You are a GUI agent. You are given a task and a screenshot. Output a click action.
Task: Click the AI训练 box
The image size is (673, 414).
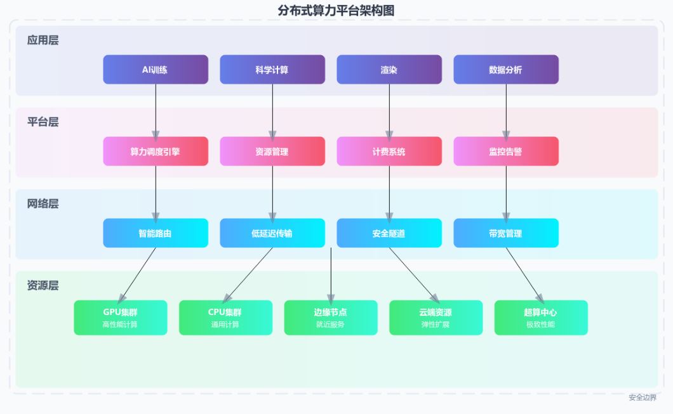click(156, 70)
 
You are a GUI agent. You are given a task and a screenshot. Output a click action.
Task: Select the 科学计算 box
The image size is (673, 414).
click(272, 70)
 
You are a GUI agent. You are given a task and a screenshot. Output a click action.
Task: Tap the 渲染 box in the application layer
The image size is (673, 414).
click(389, 70)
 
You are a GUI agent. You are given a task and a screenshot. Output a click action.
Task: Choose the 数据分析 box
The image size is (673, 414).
click(506, 70)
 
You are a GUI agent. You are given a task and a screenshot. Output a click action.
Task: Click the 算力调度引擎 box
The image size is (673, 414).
click(156, 152)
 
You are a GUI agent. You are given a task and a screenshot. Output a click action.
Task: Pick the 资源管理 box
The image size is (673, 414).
click(272, 152)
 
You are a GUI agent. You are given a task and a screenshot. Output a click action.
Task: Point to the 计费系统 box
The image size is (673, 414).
click(389, 152)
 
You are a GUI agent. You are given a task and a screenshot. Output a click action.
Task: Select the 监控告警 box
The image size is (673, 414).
click(506, 152)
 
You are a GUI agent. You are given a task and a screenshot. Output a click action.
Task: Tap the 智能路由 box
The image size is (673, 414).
click(156, 233)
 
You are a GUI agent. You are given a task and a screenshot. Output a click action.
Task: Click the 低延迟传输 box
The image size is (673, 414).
click(272, 233)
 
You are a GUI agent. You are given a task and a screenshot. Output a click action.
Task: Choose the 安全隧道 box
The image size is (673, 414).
click(389, 233)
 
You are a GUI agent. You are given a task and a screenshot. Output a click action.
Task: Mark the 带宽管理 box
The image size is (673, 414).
click(506, 233)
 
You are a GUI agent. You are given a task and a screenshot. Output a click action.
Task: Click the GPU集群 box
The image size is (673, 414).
click(121, 318)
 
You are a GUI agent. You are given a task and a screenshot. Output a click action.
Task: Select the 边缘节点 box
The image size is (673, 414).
click(331, 318)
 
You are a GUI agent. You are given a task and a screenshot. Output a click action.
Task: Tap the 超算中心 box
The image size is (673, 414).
click(541, 318)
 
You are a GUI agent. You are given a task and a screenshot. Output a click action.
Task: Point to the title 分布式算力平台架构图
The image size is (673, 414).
click(336, 10)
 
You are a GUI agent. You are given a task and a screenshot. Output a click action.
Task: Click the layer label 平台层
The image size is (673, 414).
click(43, 122)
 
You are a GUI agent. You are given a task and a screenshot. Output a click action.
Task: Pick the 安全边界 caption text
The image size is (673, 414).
click(643, 398)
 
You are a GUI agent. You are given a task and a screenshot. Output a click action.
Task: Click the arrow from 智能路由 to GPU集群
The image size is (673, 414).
click(137, 274)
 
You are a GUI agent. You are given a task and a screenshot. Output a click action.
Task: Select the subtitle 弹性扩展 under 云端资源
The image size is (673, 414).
click(436, 325)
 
